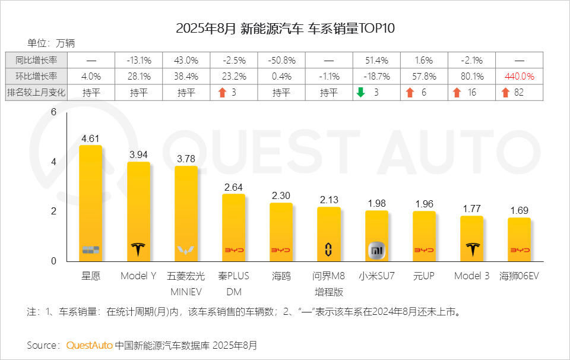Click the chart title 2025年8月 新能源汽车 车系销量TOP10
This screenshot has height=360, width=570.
click(285, 29)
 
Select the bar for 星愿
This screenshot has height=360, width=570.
click(91, 202)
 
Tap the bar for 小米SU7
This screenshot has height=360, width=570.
click(376, 235)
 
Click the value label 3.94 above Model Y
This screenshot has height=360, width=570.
click(138, 154)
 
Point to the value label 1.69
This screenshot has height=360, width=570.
click(519, 210)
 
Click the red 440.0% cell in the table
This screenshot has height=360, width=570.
click(519, 77)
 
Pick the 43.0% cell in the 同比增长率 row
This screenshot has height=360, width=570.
click(186, 61)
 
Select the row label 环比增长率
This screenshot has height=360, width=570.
click(36, 77)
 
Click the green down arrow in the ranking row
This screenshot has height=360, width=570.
click(360, 93)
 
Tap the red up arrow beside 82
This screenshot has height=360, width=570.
click(505, 93)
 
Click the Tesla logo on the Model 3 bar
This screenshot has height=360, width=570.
click(472, 249)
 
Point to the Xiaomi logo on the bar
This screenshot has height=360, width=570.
click(376, 250)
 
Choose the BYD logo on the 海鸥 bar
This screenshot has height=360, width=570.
click(281, 251)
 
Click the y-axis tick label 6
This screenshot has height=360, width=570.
click(53, 112)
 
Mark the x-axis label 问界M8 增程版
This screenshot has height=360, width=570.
click(329, 284)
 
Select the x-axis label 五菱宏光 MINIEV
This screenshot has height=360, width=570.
click(186, 284)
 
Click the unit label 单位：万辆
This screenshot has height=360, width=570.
click(51, 43)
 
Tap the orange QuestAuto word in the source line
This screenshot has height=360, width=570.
click(89, 345)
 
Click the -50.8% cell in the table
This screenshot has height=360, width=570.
click(281, 61)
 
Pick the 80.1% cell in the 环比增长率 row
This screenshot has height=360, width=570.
click(471, 77)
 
